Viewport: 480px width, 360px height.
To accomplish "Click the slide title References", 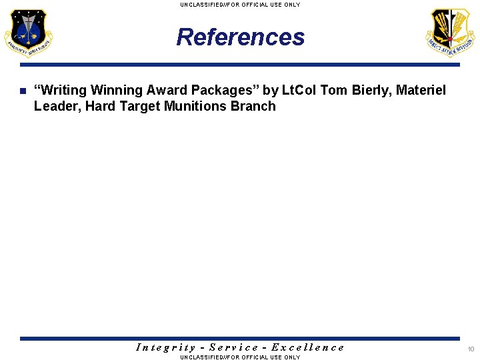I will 240,37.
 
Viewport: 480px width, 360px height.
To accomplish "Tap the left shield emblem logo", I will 28,33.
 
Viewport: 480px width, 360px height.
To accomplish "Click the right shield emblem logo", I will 451,33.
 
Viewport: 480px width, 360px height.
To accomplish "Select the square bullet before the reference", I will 22,91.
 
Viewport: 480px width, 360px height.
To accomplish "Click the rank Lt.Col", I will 299,90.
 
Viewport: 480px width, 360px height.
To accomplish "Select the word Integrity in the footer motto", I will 165,347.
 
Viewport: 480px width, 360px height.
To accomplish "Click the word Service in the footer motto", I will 233,347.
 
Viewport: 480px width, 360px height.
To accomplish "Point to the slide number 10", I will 471,349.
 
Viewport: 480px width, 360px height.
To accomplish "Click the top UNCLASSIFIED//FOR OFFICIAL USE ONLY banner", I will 240,5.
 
